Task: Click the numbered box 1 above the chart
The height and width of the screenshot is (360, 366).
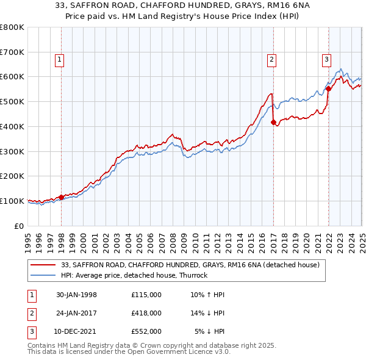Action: coord(59,59)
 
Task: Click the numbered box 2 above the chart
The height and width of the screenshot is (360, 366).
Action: coord(271,59)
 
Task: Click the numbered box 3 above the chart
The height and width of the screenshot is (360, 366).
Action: coord(326,59)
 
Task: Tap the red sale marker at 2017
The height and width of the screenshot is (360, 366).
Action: coord(273,122)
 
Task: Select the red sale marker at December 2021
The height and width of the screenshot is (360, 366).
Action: coord(328,88)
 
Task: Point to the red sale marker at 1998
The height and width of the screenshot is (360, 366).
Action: coord(62,197)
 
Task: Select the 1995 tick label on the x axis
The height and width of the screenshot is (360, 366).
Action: coord(28,239)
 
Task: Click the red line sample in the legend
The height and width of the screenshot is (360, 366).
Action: coord(43,265)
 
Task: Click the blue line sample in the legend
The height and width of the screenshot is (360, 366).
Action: coord(43,275)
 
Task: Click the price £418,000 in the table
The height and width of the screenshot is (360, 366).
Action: coord(146,313)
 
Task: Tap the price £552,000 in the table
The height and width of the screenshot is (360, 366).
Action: coord(146,331)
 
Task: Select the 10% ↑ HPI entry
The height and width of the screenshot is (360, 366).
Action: coord(207,295)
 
